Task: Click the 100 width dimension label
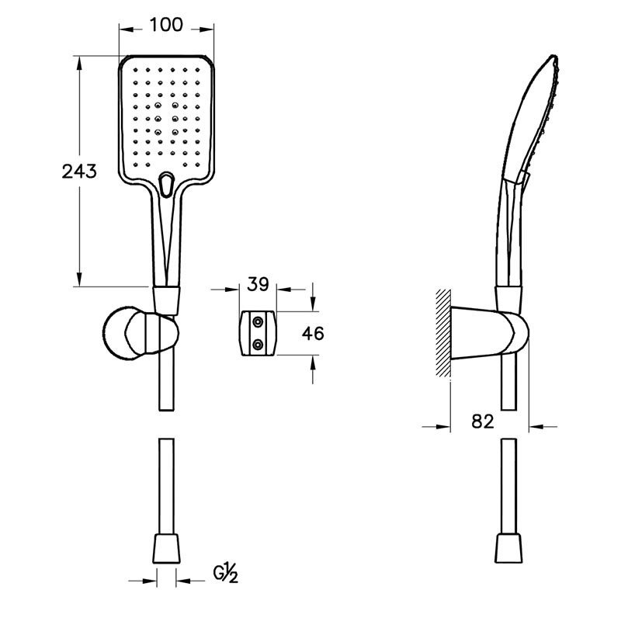[166, 25]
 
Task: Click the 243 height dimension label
[79, 172]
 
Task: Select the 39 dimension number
[258, 284]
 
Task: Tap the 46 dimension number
[313, 334]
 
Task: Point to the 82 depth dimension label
[483, 422]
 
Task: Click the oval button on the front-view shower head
[166, 185]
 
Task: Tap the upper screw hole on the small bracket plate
[258, 322]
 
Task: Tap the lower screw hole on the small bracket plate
[258, 345]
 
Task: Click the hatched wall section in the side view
[443, 333]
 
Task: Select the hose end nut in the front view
[166, 549]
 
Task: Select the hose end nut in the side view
[508, 549]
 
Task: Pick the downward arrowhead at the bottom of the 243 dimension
[79, 279]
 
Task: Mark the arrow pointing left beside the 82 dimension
[536, 426]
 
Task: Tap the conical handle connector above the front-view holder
[166, 300]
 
